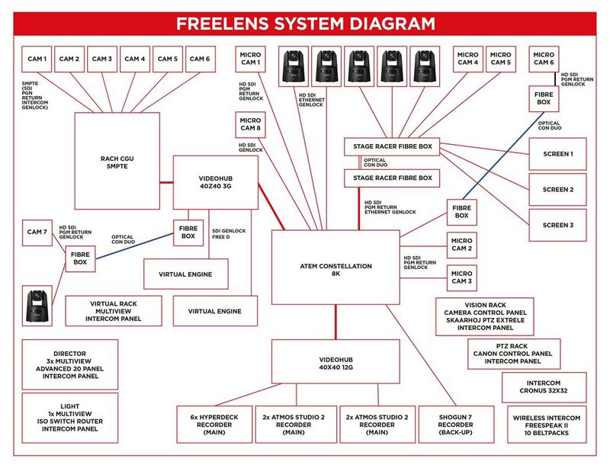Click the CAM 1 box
37,59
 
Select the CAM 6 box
199,59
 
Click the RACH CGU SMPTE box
117,162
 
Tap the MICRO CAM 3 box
461,277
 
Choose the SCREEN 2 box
557,190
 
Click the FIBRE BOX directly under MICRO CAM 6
543,97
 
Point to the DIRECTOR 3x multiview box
70,364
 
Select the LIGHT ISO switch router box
70,418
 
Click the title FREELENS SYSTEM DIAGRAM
305,24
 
